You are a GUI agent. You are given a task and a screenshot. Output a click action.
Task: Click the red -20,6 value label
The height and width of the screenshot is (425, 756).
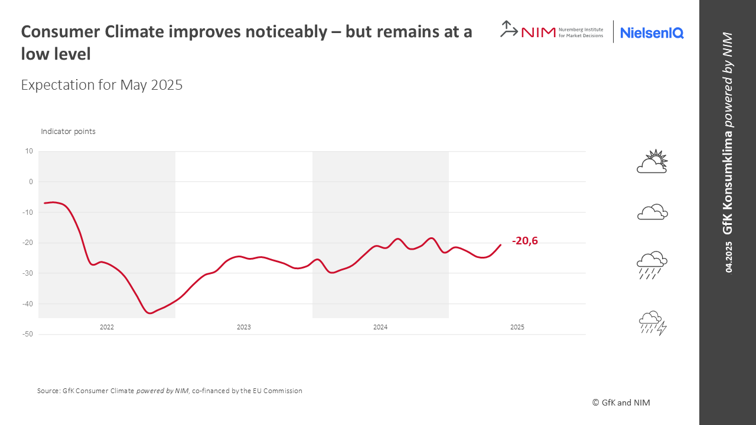point(525,241)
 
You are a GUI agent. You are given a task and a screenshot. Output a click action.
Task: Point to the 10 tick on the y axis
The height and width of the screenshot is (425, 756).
point(29,151)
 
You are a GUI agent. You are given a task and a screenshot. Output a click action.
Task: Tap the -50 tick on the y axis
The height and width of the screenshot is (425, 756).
point(27,335)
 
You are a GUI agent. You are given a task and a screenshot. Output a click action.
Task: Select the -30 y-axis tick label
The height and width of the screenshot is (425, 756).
point(27,273)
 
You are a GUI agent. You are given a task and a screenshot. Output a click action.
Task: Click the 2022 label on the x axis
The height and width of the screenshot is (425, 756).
point(107,327)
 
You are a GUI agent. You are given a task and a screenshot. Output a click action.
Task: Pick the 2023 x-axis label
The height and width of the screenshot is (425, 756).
point(243,327)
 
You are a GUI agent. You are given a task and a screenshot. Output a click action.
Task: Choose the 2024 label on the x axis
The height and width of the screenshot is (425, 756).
point(380,327)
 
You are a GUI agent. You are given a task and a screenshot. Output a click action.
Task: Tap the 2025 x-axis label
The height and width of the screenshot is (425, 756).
point(517,327)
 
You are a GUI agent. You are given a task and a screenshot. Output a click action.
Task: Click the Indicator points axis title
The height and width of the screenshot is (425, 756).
point(68,132)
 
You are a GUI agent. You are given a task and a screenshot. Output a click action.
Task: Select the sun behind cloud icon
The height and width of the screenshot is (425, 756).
point(652,162)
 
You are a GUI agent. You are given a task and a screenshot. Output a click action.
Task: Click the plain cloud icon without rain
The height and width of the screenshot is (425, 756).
point(652,212)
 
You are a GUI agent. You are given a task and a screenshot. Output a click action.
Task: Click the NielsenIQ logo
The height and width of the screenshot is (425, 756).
point(652,33)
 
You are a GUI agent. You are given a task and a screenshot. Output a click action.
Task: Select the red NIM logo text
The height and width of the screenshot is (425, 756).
point(538,32)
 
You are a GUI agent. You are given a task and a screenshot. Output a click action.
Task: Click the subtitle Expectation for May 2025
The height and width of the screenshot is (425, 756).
point(102,85)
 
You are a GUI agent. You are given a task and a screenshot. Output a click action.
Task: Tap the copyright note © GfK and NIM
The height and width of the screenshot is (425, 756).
point(621,403)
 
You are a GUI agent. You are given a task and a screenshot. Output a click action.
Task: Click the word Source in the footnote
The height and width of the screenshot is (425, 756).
point(48,391)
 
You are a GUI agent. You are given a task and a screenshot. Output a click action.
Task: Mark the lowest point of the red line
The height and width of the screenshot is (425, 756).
point(150,313)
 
